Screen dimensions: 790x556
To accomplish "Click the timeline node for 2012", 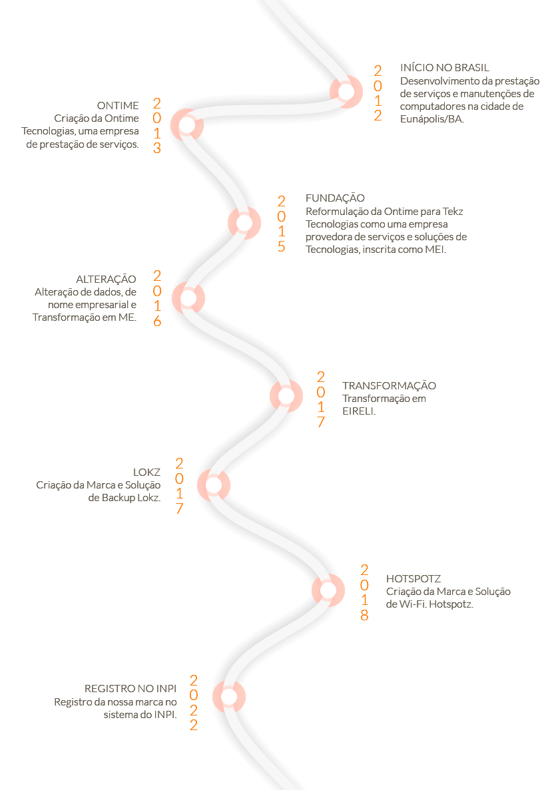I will (346, 92).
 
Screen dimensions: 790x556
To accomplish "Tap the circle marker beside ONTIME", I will (187, 125).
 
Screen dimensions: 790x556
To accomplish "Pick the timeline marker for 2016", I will (188, 298).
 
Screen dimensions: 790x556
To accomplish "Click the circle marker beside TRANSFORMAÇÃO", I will (286, 396).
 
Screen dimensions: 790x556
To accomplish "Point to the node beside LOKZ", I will (214, 486).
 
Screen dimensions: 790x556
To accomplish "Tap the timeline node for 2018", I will (328, 590).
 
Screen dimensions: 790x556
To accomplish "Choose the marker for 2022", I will (229, 697).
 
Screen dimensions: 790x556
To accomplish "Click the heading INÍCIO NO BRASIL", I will (445, 68).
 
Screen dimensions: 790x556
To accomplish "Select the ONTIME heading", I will (118, 105).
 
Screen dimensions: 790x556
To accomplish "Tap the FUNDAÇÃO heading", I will (335, 198).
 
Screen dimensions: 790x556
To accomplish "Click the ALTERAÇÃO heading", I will (106, 279).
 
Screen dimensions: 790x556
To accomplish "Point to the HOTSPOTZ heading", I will (414, 579).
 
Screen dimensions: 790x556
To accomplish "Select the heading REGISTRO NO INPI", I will (131, 689).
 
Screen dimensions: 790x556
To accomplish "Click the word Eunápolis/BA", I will (431, 119).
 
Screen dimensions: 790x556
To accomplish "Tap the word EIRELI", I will (359, 411).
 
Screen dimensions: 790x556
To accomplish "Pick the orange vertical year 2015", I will (282, 224).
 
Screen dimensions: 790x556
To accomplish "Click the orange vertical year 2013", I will (157, 126).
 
